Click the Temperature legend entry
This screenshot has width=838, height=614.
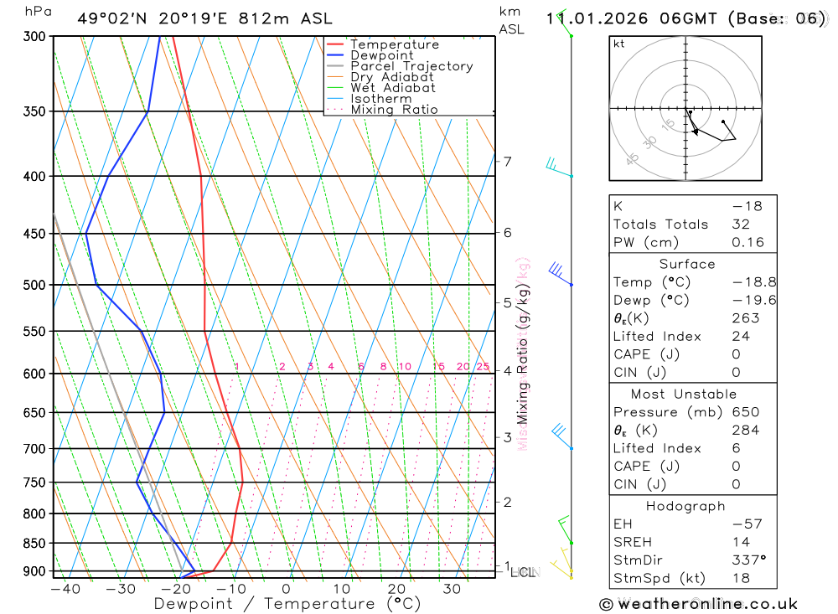click(394, 45)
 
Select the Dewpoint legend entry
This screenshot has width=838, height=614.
click(381, 56)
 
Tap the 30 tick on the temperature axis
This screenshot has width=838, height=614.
click(452, 589)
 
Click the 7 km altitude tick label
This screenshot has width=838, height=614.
click(507, 162)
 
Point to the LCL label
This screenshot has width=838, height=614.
click(523, 573)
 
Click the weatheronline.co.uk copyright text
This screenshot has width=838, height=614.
click(698, 604)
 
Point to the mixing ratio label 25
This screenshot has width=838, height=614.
click(483, 367)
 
